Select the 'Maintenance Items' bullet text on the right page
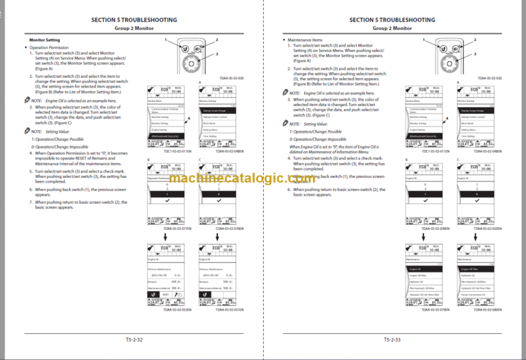point(305,40)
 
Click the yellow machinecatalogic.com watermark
point(263,179)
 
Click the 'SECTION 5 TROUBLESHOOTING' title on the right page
point(392,20)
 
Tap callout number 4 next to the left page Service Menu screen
point(184,118)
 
